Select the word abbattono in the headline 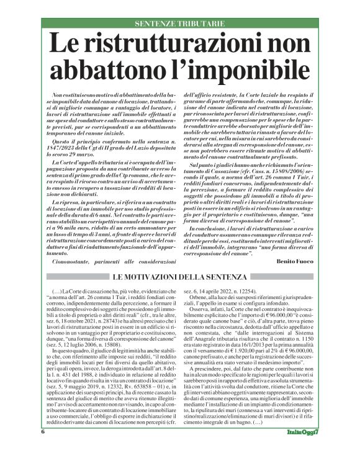(114, 71)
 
